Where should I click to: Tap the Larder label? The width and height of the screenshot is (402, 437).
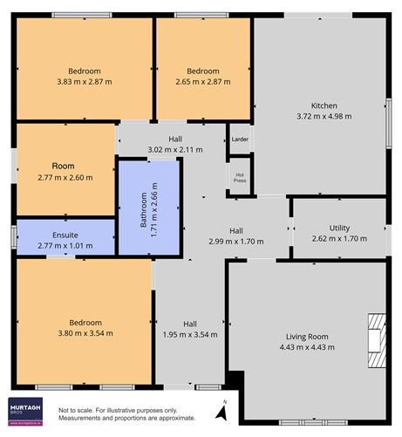pyautogui.click(x=240, y=139)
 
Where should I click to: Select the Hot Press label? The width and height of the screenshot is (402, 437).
pyautogui.click(x=240, y=176)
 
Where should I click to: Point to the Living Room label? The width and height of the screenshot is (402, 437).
pyautogui.click(x=307, y=336)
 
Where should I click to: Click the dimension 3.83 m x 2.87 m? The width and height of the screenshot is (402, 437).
pyautogui.click(x=85, y=81)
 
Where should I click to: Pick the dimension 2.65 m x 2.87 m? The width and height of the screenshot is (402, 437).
pyautogui.click(x=203, y=81)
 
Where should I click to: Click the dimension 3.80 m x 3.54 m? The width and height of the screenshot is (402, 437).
pyautogui.click(x=85, y=333)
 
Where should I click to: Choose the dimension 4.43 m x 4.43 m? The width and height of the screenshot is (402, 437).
pyautogui.click(x=307, y=347)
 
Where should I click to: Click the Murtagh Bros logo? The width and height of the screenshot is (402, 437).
pyautogui.click(x=27, y=411)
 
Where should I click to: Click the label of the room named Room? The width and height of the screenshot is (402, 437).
pyautogui.click(x=63, y=166)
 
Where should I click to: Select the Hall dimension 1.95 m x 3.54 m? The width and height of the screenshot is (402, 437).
pyautogui.click(x=189, y=333)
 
